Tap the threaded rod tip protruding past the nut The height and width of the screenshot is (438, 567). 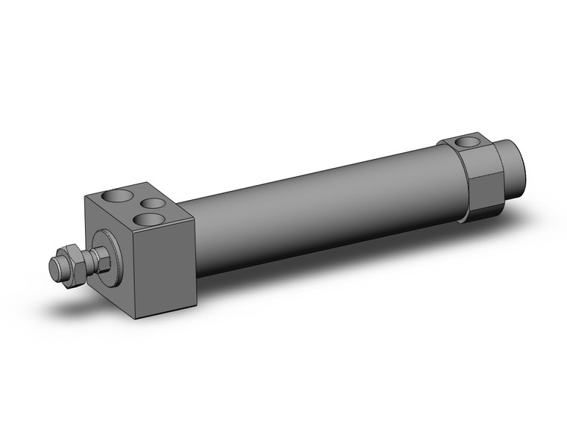tap(56, 266)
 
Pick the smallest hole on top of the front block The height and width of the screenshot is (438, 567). tap(153, 203)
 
